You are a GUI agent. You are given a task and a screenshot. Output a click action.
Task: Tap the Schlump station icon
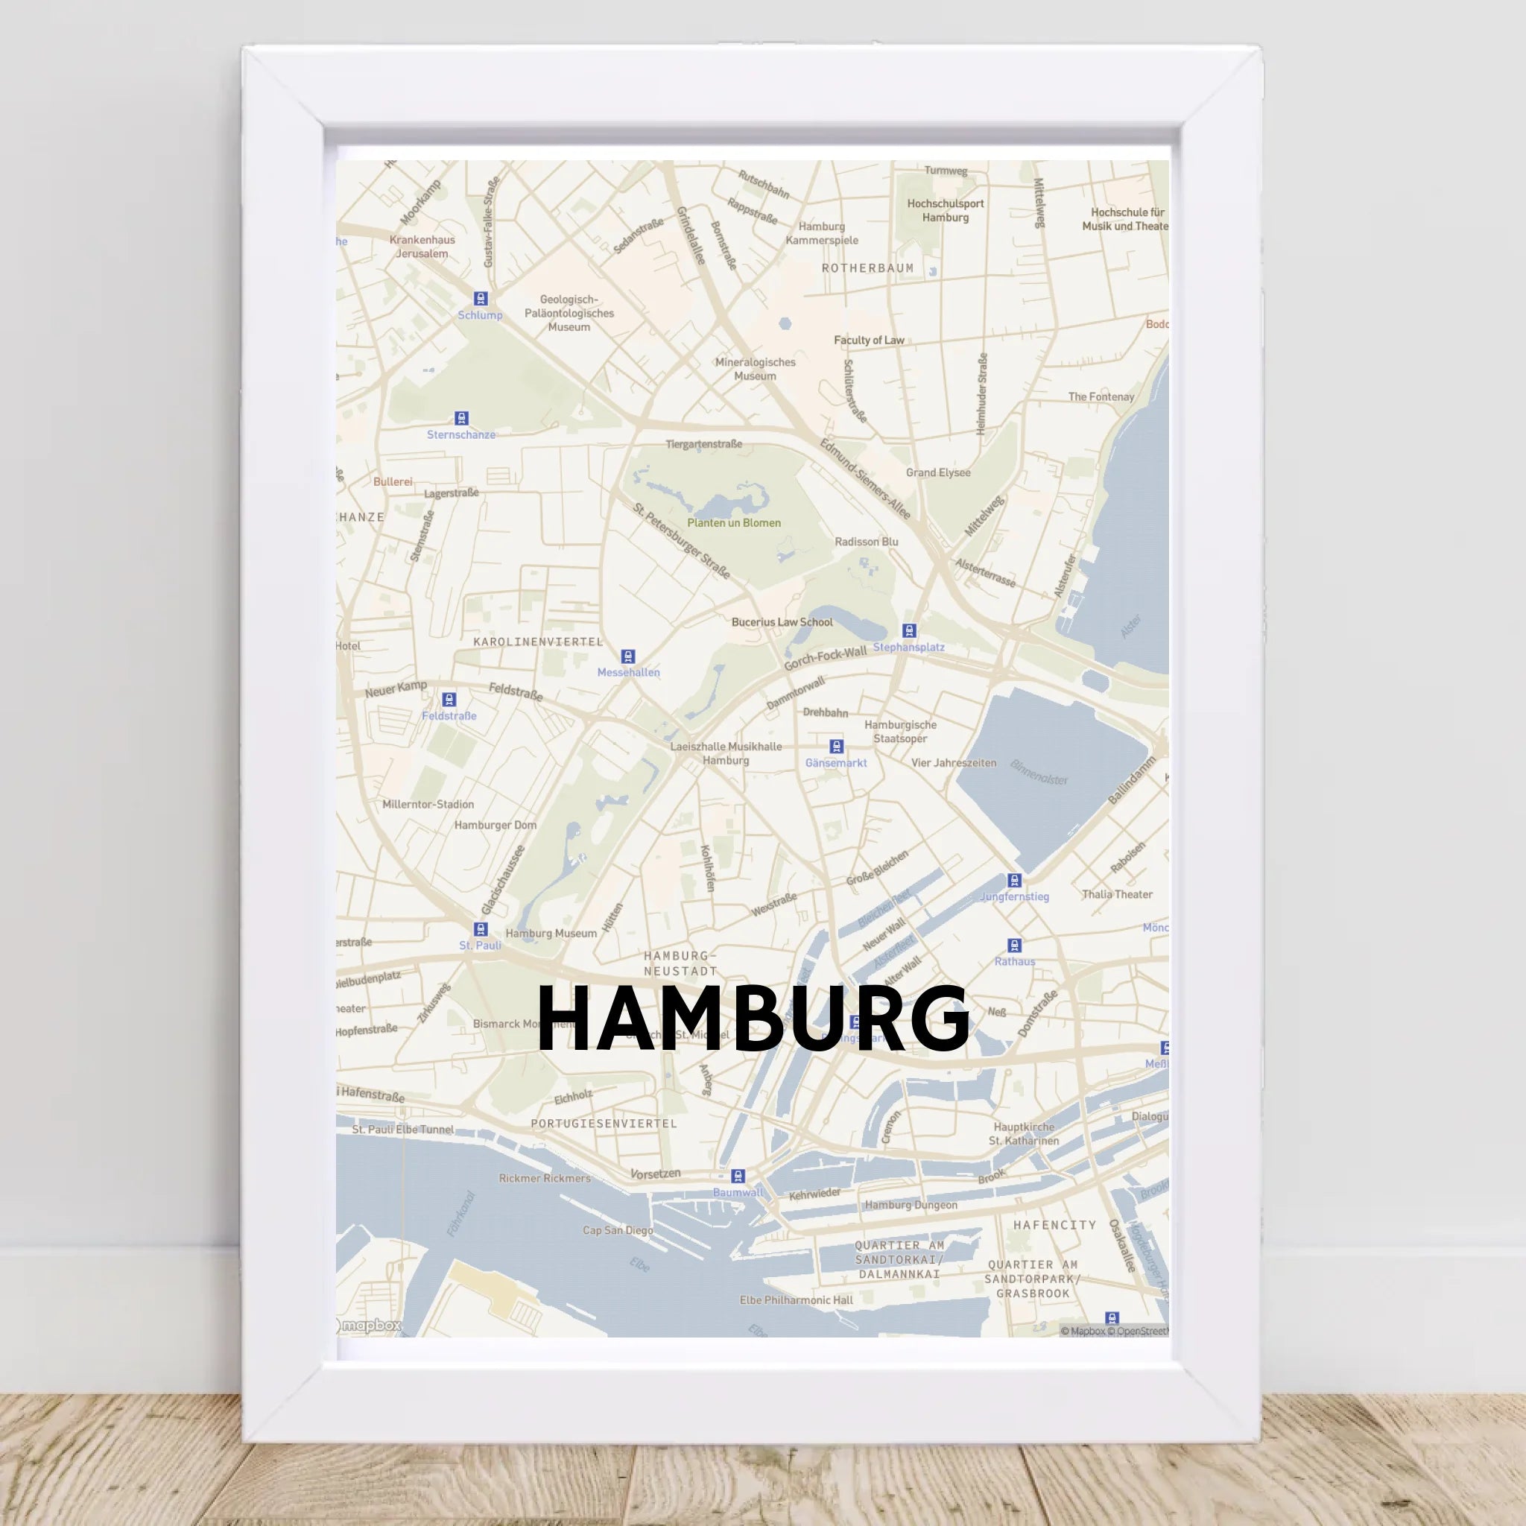[x=481, y=299]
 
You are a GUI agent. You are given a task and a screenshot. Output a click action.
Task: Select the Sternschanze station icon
[x=461, y=418]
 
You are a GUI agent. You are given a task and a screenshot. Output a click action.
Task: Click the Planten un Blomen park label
[x=734, y=523]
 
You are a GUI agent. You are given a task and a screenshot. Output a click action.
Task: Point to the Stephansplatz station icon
[x=909, y=630]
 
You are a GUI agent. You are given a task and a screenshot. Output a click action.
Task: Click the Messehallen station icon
[x=628, y=656]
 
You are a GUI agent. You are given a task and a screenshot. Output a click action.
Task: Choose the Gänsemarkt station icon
[x=836, y=747]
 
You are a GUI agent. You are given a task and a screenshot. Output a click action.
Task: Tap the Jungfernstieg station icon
[x=1015, y=881]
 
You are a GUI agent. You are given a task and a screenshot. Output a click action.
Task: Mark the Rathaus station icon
[x=1015, y=946]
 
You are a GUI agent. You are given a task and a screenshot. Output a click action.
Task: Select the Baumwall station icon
[x=738, y=1176]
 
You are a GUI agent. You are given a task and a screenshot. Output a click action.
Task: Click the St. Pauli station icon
[x=481, y=929]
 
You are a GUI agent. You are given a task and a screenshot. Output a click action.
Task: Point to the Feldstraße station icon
[x=449, y=699]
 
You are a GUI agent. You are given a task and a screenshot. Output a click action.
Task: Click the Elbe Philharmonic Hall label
[x=797, y=1300]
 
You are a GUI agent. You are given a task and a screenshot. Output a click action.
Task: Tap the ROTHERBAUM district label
[x=867, y=268]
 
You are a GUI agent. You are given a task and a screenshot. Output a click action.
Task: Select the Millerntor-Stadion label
[x=428, y=805]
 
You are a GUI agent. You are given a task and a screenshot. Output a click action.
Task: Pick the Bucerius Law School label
[x=782, y=622]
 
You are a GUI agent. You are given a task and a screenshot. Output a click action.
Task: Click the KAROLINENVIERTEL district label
[x=538, y=642]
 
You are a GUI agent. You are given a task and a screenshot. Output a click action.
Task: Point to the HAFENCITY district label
[x=1054, y=1225]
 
